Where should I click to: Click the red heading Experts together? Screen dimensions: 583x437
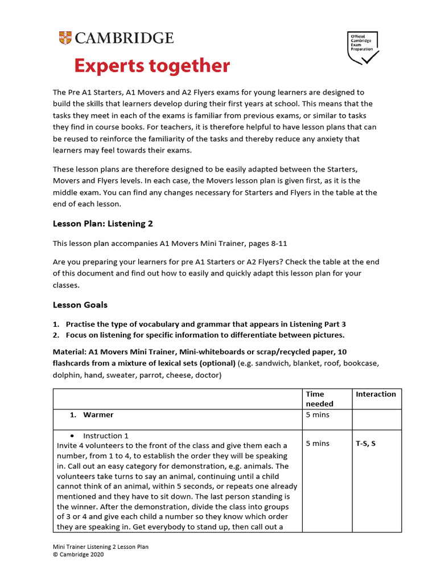(152, 66)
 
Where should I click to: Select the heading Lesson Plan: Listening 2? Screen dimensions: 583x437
(103, 224)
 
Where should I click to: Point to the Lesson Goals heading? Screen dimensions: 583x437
(80, 305)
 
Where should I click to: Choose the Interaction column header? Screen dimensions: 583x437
(376, 394)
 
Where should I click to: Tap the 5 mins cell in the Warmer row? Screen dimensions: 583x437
(318, 414)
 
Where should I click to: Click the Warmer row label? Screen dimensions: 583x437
(98, 414)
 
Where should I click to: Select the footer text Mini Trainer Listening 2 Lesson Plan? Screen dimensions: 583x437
(101, 547)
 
